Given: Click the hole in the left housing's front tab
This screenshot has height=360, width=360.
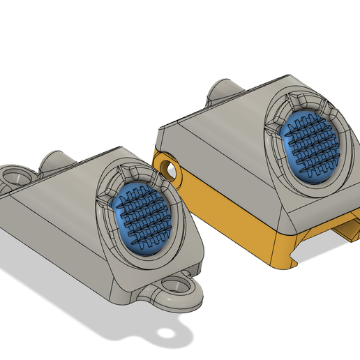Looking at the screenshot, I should (x=175, y=285).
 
